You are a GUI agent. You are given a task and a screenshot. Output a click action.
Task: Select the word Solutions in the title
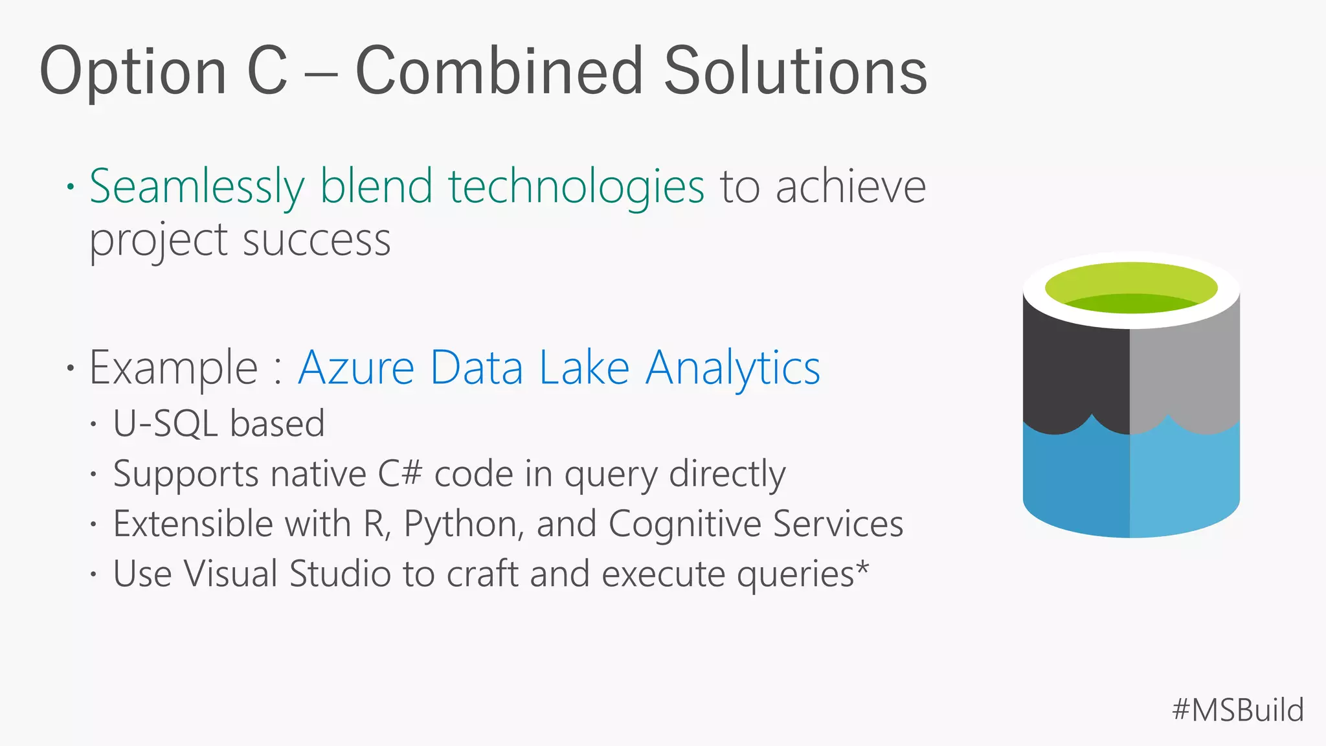point(796,71)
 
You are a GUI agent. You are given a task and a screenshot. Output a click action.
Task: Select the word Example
point(174,368)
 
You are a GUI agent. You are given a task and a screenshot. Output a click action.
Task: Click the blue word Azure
point(356,368)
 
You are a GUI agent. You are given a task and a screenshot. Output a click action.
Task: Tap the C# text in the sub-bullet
point(400,474)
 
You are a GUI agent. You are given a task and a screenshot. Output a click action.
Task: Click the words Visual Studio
point(287,574)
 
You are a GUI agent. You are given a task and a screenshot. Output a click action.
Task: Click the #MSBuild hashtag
point(1237,710)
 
